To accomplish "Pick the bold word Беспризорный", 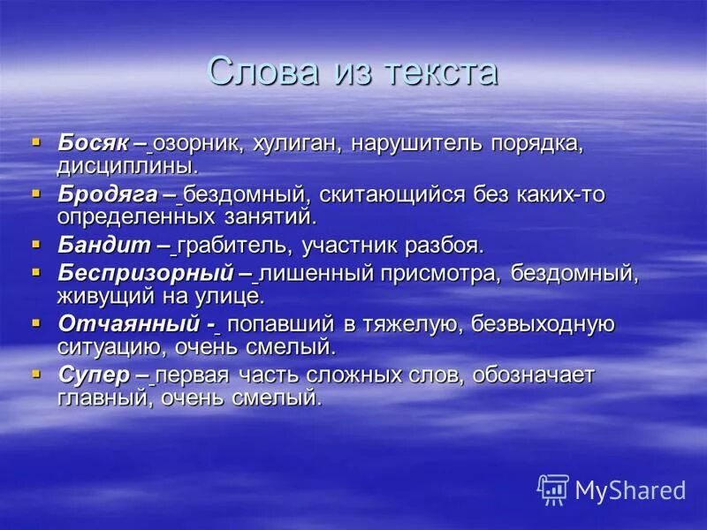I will tap(144, 273).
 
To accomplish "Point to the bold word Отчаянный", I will tap(125, 323).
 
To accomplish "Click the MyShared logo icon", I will tap(553, 489).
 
